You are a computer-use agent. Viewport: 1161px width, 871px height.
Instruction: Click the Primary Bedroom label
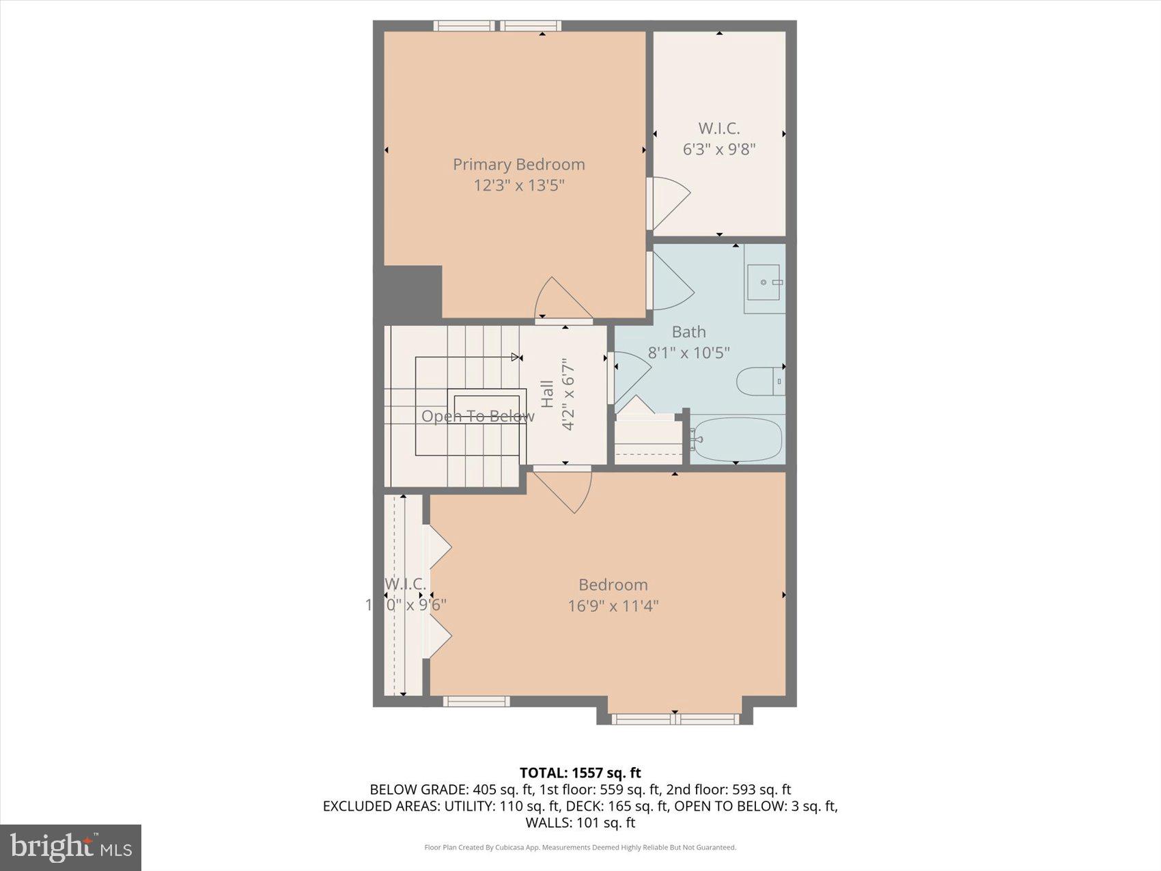(518, 165)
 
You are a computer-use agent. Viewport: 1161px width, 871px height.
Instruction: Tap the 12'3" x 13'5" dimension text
(518, 185)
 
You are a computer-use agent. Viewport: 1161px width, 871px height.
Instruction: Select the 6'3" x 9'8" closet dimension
(718, 149)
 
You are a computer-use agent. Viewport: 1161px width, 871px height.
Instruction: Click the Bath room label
(688, 332)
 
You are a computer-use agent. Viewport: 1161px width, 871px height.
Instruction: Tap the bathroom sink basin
(764, 282)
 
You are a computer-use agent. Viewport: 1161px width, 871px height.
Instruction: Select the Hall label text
(547, 394)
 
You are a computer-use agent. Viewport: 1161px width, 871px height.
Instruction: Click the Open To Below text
(477, 416)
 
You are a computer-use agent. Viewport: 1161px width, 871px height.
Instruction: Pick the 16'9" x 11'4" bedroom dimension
(613, 606)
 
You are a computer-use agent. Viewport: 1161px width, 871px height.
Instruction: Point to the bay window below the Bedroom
(675, 718)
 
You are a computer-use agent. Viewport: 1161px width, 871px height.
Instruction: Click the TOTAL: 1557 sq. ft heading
(580, 773)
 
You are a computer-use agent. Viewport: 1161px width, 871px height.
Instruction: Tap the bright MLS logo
(70, 847)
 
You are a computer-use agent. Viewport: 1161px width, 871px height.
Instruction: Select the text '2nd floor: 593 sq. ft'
(728, 790)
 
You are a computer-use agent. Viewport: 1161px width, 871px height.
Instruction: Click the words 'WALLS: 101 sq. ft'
(580, 822)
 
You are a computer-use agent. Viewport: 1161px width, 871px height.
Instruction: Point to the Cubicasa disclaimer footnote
(580, 848)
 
